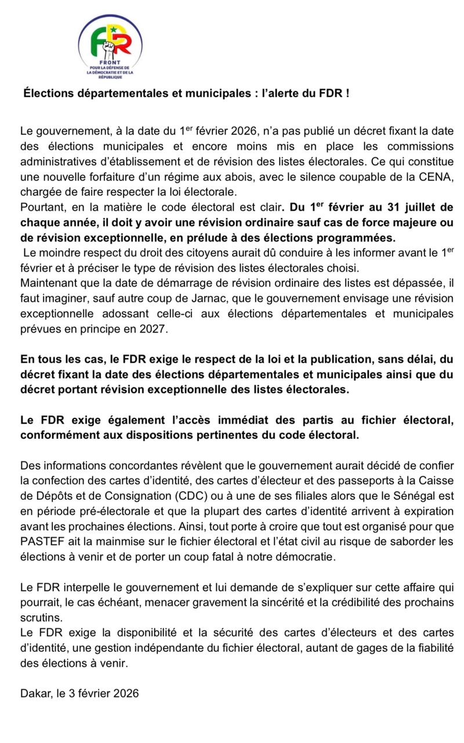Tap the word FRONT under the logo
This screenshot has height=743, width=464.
(110, 63)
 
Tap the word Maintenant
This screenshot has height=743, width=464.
(48, 282)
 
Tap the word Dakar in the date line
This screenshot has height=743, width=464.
(35, 692)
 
